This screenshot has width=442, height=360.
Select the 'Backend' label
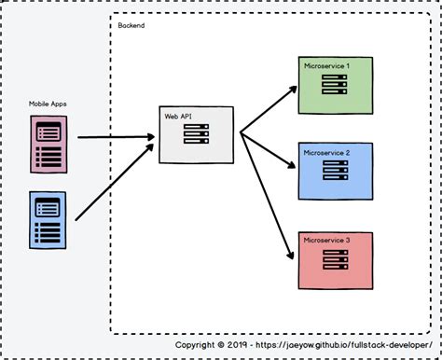131,24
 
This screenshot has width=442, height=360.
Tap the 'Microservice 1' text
326,66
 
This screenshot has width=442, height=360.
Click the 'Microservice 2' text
326,151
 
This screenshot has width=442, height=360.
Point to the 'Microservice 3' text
326,240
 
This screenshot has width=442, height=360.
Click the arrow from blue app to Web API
112,183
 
